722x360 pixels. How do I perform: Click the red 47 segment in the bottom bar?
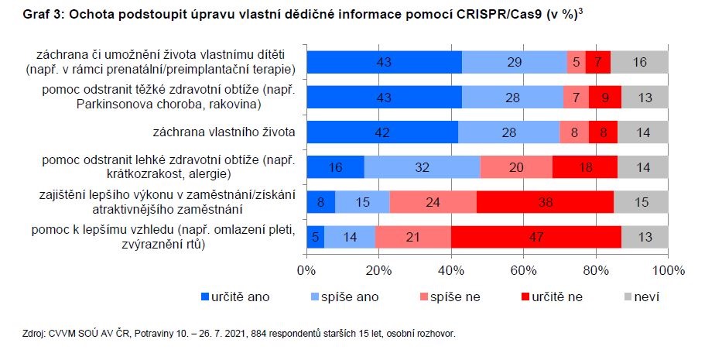point(536,238)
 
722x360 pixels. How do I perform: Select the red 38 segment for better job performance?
point(545,203)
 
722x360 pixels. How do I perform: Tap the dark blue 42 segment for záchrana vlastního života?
point(382,132)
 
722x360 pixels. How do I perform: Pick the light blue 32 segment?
point(422,167)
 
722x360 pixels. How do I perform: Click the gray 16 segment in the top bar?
point(639,62)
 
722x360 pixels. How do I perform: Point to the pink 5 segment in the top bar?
point(576,62)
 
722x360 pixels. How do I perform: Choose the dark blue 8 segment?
point(321,203)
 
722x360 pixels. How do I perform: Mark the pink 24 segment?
point(433,203)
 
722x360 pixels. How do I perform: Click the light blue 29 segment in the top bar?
point(515,62)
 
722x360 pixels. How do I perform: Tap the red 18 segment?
point(585,167)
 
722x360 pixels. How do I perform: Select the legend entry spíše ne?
point(457,296)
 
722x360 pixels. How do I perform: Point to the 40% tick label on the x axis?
point(451,270)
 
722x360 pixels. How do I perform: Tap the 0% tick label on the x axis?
point(307,270)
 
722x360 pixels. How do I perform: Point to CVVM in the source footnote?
point(60,334)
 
